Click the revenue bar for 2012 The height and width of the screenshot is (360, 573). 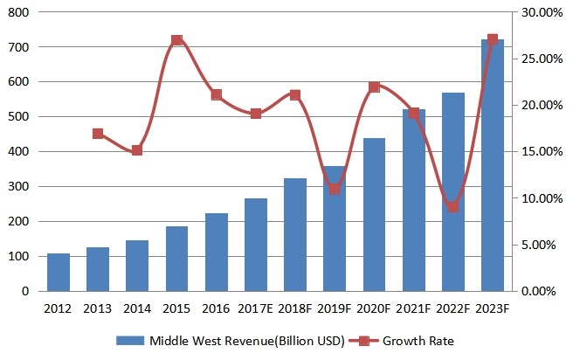pyautogui.click(x=59, y=272)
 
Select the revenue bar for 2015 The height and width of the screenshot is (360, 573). pyautogui.click(x=176, y=259)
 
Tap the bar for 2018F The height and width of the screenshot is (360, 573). pyautogui.click(x=295, y=234)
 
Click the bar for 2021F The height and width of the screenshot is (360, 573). pyautogui.click(x=413, y=200)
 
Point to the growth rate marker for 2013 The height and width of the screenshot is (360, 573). pyautogui.click(x=98, y=134)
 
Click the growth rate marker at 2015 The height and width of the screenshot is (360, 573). pyautogui.click(x=176, y=40)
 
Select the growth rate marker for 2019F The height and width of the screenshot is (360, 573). pyautogui.click(x=335, y=189)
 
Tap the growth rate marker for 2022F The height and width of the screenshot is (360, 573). pyautogui.click(x=452, y=207)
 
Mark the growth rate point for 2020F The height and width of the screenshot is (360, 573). pyautogui.click(x=374, y=87)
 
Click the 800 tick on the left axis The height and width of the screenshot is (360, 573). pyautogui.click(x=17, y=12)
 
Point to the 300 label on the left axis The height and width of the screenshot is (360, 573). pyautogui.click(x=17, y=186)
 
